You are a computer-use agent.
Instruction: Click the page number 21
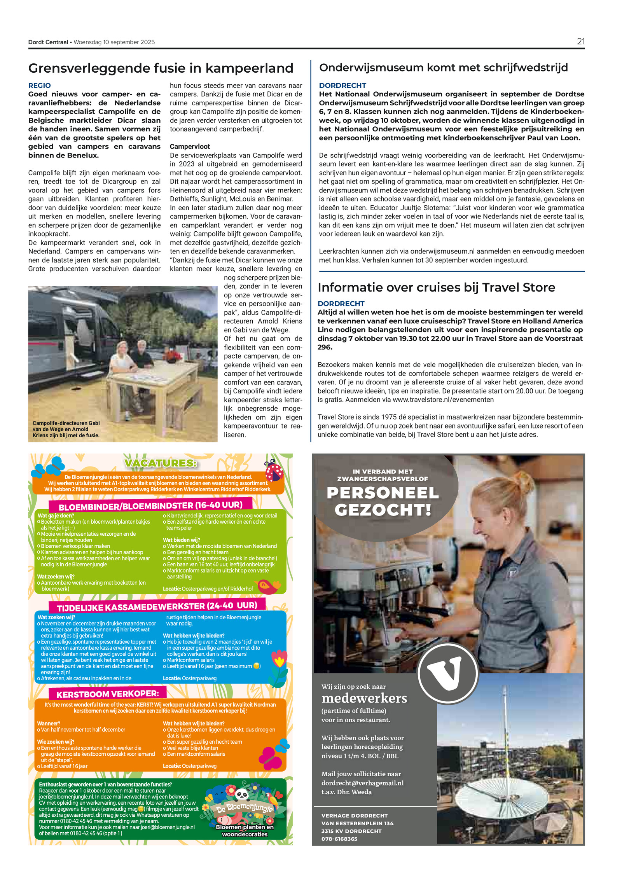coord(580,42)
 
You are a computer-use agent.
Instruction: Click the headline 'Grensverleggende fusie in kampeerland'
coord(161,68)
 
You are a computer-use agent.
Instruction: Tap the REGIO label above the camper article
coord(39,86)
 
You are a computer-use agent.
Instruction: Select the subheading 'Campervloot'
coord(190,147)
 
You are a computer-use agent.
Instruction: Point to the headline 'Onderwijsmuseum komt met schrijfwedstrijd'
coord(443,68)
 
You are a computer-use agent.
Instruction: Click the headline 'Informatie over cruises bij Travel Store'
coord(436,287)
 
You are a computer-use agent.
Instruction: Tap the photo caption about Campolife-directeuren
coord(66,429)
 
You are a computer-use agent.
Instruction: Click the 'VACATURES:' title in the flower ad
coord(161,463)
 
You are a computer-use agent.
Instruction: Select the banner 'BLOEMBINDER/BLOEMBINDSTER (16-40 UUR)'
coord(150,505)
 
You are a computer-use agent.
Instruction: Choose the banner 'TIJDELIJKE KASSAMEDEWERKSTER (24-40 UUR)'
coord(157,606)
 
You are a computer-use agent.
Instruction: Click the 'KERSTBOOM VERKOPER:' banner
coord(108,694)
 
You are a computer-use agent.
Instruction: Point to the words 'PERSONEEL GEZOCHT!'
coord(383,501)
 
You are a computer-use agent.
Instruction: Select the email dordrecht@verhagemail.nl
coord(362,783)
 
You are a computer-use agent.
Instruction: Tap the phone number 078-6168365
coord(339,839)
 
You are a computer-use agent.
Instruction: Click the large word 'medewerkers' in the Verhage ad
coord(364,698)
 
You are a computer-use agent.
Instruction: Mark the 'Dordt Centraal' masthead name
coord(48,42)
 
